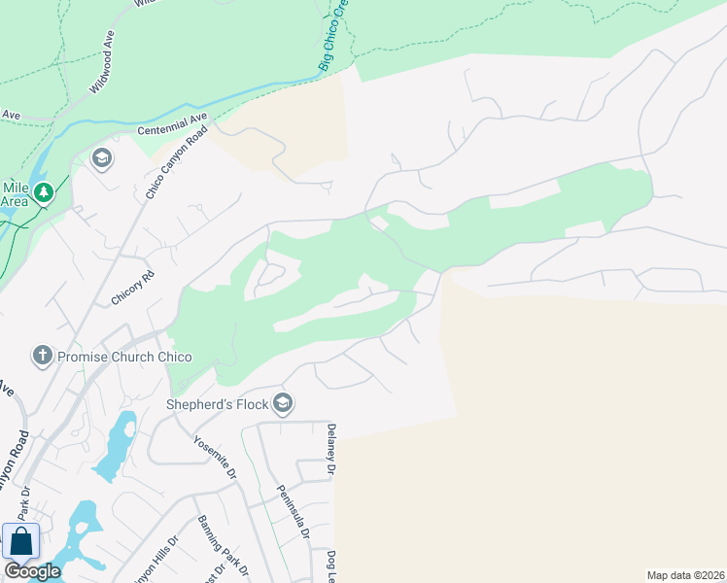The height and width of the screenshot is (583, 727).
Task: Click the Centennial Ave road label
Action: (x=173, y=124)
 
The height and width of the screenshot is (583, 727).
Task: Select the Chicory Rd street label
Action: (x=133, y=289)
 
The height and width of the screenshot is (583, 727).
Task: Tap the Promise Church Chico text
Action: (x=123, y=357)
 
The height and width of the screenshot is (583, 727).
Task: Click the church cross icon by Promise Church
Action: (x=42, y=357)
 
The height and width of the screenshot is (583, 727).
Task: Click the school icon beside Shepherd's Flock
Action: (x=283, y=403)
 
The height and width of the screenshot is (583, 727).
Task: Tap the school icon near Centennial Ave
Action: (x=101, y=157)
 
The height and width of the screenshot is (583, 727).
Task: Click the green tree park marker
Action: (x=42, y=193)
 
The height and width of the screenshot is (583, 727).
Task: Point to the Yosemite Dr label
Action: (x=215, y=457)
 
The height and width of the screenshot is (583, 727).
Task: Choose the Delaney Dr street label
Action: (x=330, y=450)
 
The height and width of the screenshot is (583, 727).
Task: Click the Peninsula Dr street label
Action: (x=292, y=512)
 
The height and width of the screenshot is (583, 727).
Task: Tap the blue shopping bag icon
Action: (x=20, y=541)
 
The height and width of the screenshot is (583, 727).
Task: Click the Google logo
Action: (x=32, y=571)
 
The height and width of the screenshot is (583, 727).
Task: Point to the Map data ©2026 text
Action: (x=685, y=575)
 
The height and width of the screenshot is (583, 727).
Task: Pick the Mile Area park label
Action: (x=15, y=194)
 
